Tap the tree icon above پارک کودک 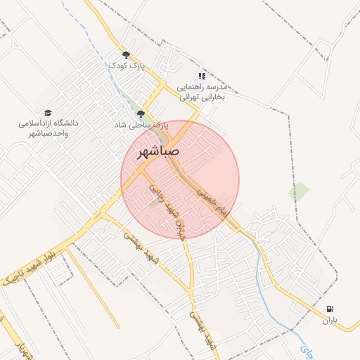[127, 54]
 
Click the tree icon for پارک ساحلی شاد [141, 113]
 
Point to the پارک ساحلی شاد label [141, 124]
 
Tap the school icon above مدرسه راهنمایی [202, 75]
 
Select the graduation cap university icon [48, 112]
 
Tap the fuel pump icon [330, 309]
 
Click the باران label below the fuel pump [330, 321]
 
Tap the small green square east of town [299, 191]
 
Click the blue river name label [307, 349]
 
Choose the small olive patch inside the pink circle [154, 204]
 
